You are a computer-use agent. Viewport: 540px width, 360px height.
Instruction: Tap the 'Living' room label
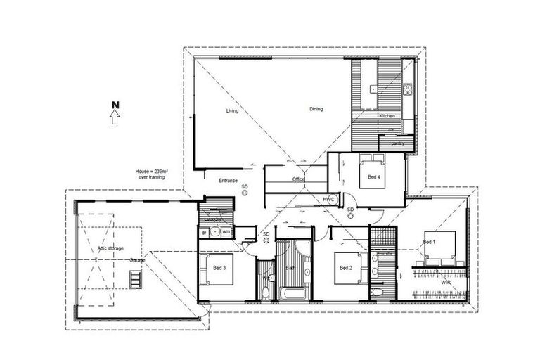232,111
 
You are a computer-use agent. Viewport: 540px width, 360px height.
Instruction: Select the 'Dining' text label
316,109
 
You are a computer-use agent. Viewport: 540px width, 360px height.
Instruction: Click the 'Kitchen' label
387,115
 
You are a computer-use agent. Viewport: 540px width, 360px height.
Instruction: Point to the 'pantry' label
397,143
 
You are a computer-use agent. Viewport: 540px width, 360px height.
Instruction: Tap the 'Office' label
299,180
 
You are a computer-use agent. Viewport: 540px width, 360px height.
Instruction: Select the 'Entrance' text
228,181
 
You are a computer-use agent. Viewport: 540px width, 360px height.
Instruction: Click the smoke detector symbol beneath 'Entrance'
245,191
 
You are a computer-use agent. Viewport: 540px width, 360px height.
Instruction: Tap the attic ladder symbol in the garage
134,278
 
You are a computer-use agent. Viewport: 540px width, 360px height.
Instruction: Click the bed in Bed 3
218,270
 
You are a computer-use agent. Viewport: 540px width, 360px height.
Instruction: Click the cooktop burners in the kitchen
407,89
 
